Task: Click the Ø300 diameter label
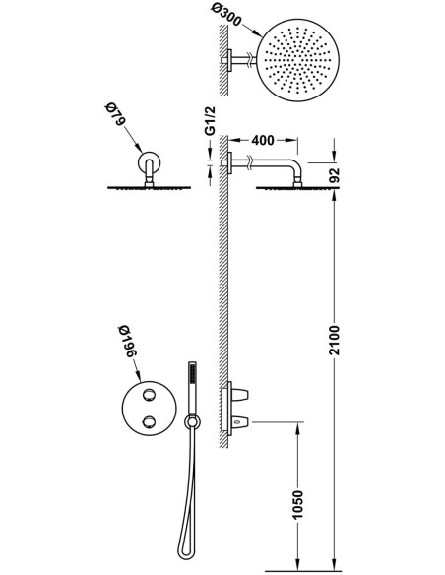(x=226, y=16)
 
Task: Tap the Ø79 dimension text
(x=115, y=115)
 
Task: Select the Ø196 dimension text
(x=128, y=341)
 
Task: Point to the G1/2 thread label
(x=210, y=121)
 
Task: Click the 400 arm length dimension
(x=263, y=140)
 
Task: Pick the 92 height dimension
(x=335, y=175)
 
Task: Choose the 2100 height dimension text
(x=335, y=340)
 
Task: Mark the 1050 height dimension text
(x=298, y=504)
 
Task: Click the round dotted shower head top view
(x=297, y=60)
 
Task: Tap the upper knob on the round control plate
(x=150, y=395)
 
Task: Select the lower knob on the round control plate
(x=150, y=421)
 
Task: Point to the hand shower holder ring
(x=192, y=421)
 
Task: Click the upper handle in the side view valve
(x=240, y=395)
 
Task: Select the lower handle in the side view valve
(x=240, y=422)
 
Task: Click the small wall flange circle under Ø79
(x=150, y=162)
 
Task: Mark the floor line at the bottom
(x=303, y=571)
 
